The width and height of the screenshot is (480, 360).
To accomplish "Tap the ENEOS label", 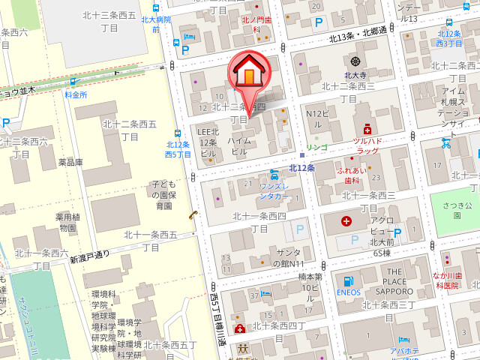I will click(x=349, y=292).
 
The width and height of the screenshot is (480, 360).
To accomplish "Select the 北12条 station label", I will click(x=301, y=167).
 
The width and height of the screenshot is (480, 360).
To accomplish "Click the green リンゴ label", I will click(x=317, y=146).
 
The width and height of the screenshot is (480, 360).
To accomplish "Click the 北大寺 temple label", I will click(x=354, y=75).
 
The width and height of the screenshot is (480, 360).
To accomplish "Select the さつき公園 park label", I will click(x=456, y=209).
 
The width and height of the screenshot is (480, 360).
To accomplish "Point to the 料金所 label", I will click(x=76, y=95).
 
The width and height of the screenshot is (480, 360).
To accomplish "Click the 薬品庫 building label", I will click(x=70, y=162).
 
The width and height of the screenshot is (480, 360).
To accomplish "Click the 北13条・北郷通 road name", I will click(x=358, y=35).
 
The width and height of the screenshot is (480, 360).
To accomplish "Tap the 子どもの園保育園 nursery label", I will click(x=163, y=194).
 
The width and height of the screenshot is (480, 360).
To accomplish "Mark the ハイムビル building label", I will click(x=238, y=146).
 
